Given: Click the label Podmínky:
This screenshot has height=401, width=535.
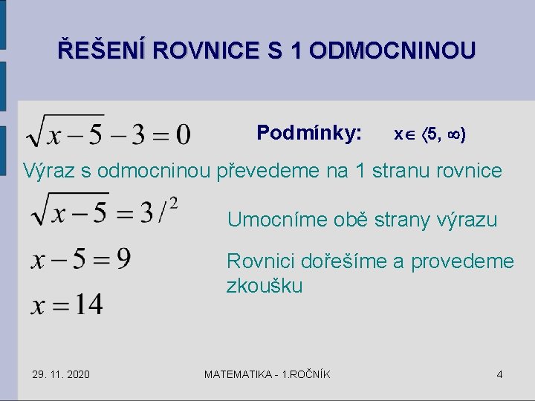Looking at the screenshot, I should (309, 133).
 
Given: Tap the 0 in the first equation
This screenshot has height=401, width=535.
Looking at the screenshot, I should (183, 134).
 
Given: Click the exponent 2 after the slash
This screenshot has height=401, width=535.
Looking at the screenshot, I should (174, 202).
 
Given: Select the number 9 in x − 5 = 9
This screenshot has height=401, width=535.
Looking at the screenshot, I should (123, 259).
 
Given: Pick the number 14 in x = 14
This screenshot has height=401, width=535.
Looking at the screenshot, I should (88, 304).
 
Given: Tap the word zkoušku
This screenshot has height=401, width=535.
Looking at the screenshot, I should (265, 286).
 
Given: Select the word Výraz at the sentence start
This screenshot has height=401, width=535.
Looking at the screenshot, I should (48, 171).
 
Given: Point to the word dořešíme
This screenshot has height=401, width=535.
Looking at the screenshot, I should (335, 261).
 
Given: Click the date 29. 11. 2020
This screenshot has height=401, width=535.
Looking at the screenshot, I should (61, 374).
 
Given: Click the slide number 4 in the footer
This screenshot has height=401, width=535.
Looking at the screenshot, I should (499, 374).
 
